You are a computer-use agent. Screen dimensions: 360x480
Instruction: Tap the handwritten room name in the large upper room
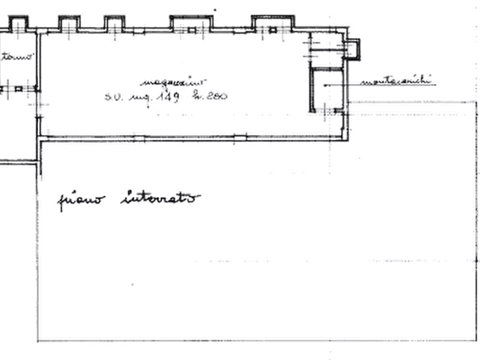[172, 81]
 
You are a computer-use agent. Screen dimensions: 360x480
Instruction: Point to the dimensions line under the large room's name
[167, 96]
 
